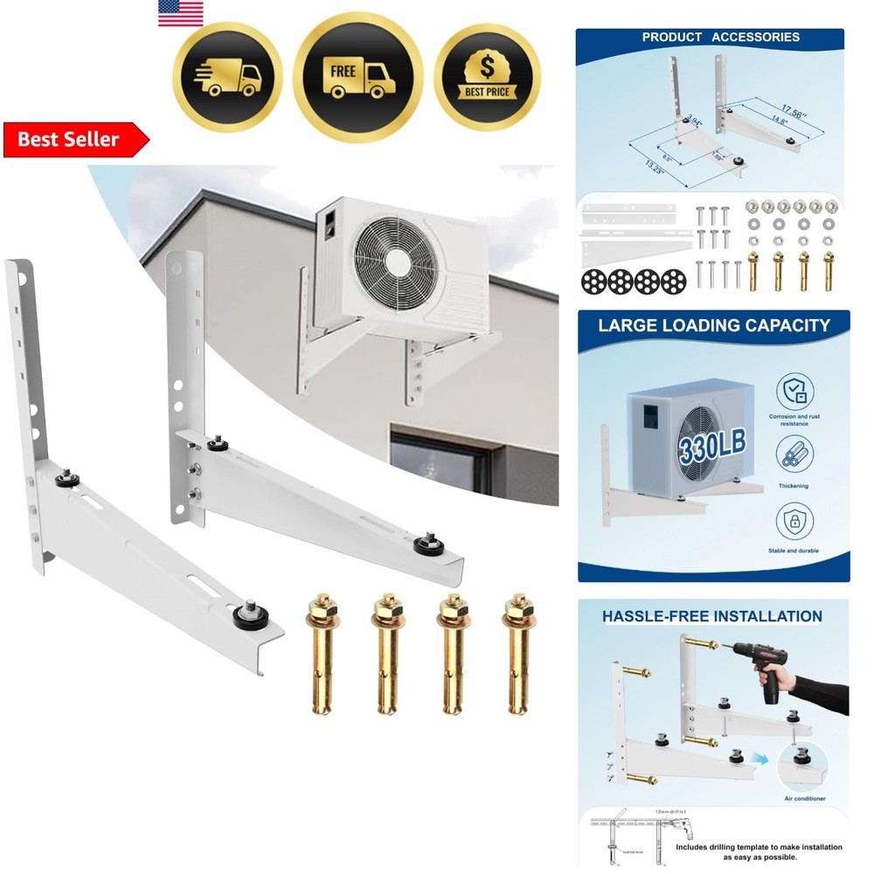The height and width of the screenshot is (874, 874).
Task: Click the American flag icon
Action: pyautogui.click(x=181, y=13)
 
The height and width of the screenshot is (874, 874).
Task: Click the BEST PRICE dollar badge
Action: pyautogui.click(x=487, y=77)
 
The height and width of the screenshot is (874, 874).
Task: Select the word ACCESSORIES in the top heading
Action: pyautogui.click(x=756, y=37)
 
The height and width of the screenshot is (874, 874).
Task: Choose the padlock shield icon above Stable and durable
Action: pyautogui.click(x=794, y=522)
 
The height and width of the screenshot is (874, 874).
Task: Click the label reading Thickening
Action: pyautogui.click(x=794, y=486)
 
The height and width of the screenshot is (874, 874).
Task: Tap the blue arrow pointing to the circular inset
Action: pyautogui.click(x=768, y=760)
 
